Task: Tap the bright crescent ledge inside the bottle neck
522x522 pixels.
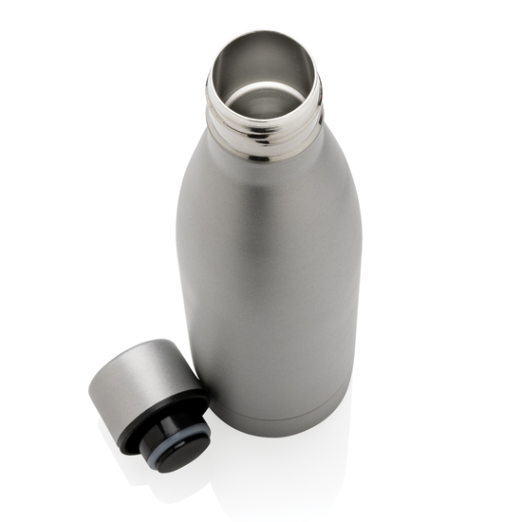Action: click(x=263, y=99)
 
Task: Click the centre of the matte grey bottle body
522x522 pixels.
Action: click(x=270, y=285)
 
